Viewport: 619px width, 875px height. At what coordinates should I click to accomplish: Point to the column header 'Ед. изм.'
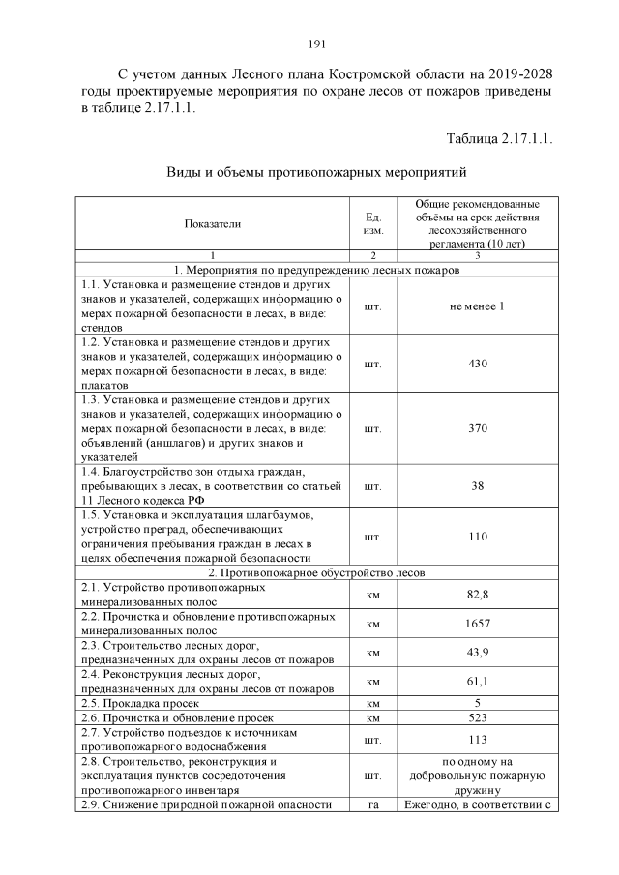point(372,224)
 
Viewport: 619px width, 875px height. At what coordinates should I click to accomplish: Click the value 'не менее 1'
point(477,306)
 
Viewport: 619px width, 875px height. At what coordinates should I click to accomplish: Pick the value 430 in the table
point(477,364)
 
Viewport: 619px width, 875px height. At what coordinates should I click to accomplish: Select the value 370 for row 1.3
point(477,428)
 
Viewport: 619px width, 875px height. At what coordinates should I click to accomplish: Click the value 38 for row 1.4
point(477,485)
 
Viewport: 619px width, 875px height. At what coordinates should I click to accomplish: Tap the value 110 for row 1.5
point(477,536)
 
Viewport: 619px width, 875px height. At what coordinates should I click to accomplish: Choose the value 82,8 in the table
point(477,592)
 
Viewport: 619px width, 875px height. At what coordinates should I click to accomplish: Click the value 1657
point(477,624)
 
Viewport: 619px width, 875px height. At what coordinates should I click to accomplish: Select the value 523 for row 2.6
point(477,718)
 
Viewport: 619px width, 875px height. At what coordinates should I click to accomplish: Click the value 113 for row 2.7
point(477,740)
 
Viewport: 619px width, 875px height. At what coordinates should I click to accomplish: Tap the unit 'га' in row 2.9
point(372,805)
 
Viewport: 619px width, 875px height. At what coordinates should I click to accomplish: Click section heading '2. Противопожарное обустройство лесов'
point(315,572)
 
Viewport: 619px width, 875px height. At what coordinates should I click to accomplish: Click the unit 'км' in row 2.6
point(372,718)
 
